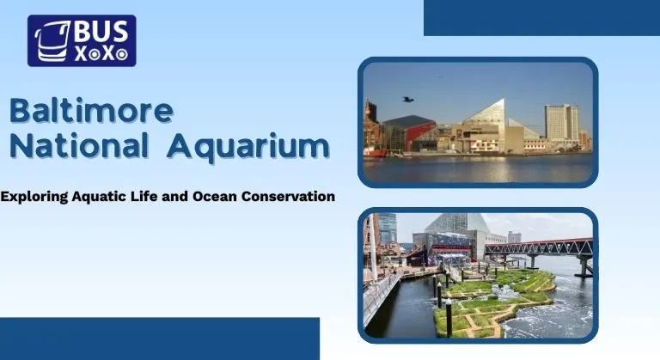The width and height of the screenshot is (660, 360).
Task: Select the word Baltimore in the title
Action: tap(91, 112)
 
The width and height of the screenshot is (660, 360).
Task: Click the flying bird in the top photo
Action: tap(407, 99)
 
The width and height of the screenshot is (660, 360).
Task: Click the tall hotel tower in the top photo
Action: tap(561, 124)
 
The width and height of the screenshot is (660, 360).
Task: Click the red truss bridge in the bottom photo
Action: tap(538, 248)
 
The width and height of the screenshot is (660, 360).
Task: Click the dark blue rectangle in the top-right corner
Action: tap(541, 17)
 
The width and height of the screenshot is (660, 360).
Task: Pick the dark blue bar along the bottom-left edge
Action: tap(159, 339)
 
